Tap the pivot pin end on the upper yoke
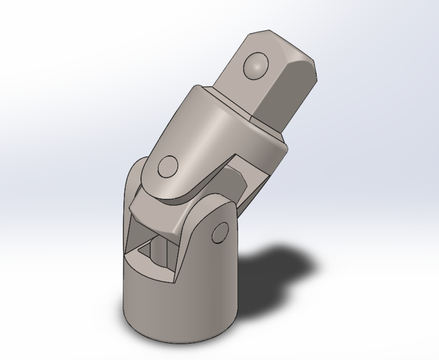pyautogui.click(x=168, y=167)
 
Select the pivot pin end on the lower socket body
pyautogui.click(x=221, y=233)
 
